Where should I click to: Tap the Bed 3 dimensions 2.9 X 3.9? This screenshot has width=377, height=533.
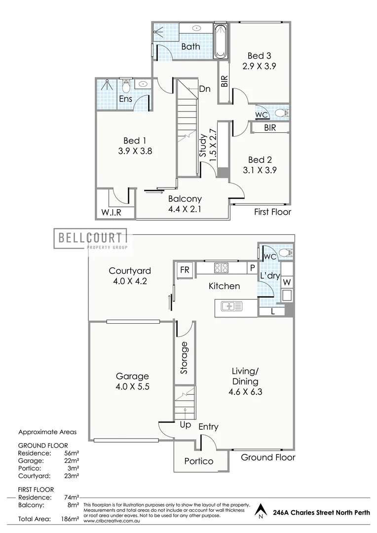pos(260,66)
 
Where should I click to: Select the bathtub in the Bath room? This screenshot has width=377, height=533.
pos(220,40)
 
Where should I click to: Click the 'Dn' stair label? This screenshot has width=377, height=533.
pos(205,89)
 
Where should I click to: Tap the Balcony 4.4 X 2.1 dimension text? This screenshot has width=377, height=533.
pos(185,209)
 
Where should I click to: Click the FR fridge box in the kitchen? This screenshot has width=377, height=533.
pos(185,270)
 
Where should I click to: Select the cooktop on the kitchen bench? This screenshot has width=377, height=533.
pos(221,268)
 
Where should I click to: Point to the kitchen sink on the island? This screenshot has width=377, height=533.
pos(232,307)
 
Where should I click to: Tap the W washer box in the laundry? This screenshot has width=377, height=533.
pos(287,282)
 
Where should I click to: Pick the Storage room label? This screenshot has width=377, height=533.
pos(185,357)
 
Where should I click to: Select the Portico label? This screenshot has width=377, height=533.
pos(199,461)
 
